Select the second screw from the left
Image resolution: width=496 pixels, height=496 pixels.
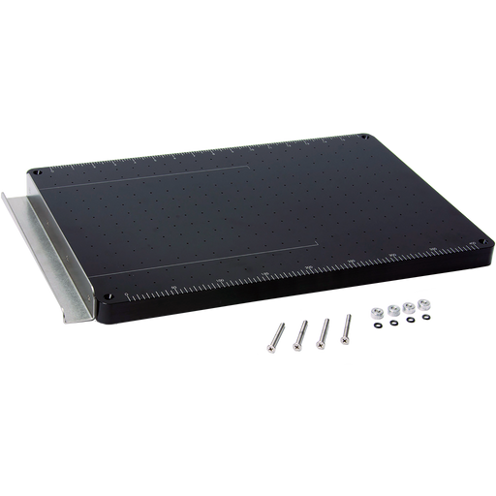point(295,331)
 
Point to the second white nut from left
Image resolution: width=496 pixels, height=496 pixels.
point(392,310)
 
